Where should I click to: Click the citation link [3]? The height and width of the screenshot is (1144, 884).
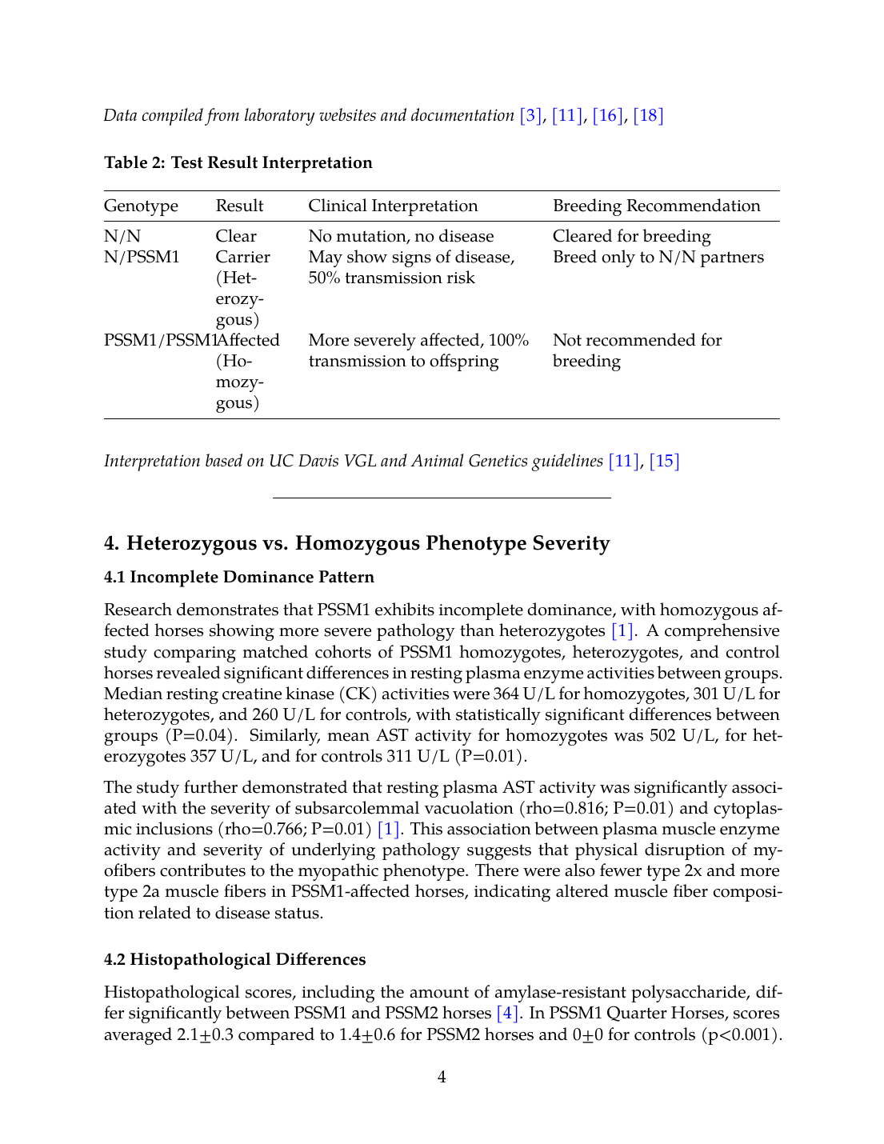tap(530, 115)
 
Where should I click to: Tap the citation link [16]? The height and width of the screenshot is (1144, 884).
tap(607, 115)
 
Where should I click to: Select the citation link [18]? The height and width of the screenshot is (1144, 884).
tap(648, 115)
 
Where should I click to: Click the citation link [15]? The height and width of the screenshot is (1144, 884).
tap(664, 461)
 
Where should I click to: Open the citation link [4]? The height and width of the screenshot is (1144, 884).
tap(507, 1014)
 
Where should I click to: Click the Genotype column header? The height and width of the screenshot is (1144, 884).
tap(141, 206)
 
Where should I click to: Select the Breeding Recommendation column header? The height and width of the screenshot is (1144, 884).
tap(656, 206)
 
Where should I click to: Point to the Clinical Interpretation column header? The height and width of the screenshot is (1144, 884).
tap(393, 206)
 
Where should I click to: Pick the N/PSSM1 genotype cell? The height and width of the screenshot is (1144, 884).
tap(142, 257)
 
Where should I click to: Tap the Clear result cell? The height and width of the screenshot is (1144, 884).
tap(236, 236)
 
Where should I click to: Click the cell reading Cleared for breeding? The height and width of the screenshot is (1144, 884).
tap(631, 236)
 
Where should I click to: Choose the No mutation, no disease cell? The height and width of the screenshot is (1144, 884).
tap(401, 236)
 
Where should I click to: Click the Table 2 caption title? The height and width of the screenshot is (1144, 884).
tap(238, 162)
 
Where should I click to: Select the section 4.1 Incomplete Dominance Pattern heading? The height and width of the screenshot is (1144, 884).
tap(238, 577)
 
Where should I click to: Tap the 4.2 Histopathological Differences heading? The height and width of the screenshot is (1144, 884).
tap(234, 959)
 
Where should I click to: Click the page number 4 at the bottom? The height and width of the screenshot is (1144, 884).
tap(442, 1077)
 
